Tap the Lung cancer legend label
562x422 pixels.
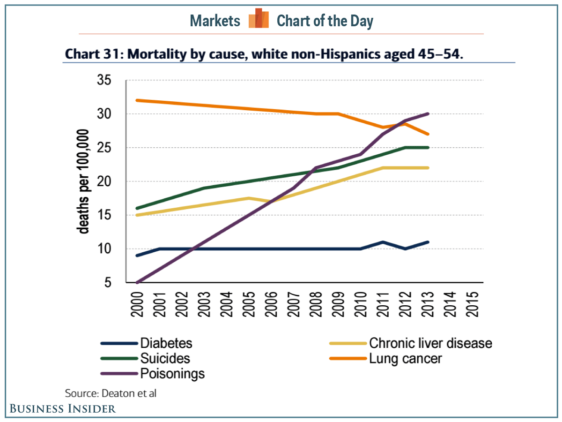click(406, 359)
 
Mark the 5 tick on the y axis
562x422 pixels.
click(107, 283)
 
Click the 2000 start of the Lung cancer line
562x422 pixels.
click(137, 100)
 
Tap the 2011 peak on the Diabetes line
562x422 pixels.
click(383, 242)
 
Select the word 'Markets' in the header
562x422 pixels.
click(215, 21)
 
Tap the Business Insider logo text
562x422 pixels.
click(62, 409)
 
